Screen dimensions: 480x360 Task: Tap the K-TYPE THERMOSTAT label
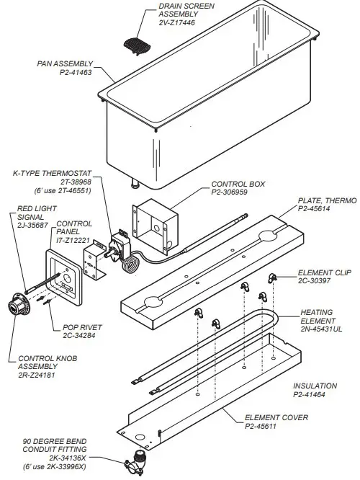pyautogui.click(x=50, y=173)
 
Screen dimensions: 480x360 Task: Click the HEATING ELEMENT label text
pyautogui.click(x=318, y=317)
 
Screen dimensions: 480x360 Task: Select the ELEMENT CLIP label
pyautogui.click(x=323, y=273)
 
